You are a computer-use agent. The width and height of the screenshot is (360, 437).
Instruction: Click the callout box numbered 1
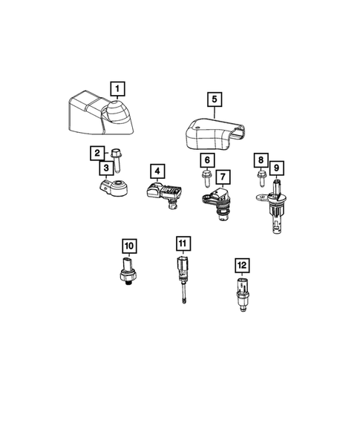[x=117, y=90]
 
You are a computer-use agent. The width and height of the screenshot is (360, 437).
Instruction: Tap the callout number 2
[x=97, y=154]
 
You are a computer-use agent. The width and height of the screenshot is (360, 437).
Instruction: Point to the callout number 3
[x=108, y=168]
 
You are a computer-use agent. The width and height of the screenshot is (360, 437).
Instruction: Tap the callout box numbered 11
[x=183, y=243]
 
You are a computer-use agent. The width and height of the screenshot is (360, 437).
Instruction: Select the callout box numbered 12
[x=240, y=265]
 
